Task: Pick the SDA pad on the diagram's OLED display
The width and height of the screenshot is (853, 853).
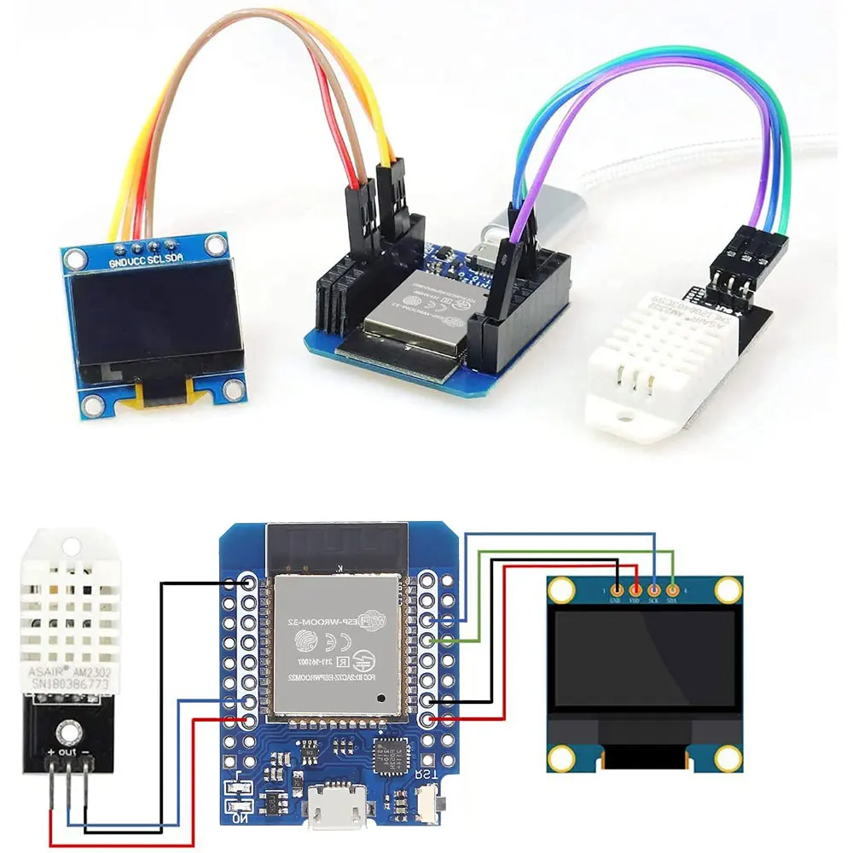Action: pos(673,589)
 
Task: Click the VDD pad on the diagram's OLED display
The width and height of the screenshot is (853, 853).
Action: pos(635,589)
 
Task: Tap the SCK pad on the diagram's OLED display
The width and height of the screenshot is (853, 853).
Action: pos(654,589)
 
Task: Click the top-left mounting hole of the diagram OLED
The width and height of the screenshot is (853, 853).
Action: pos(560,589)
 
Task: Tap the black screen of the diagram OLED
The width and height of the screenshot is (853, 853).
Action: pos(644,661)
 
